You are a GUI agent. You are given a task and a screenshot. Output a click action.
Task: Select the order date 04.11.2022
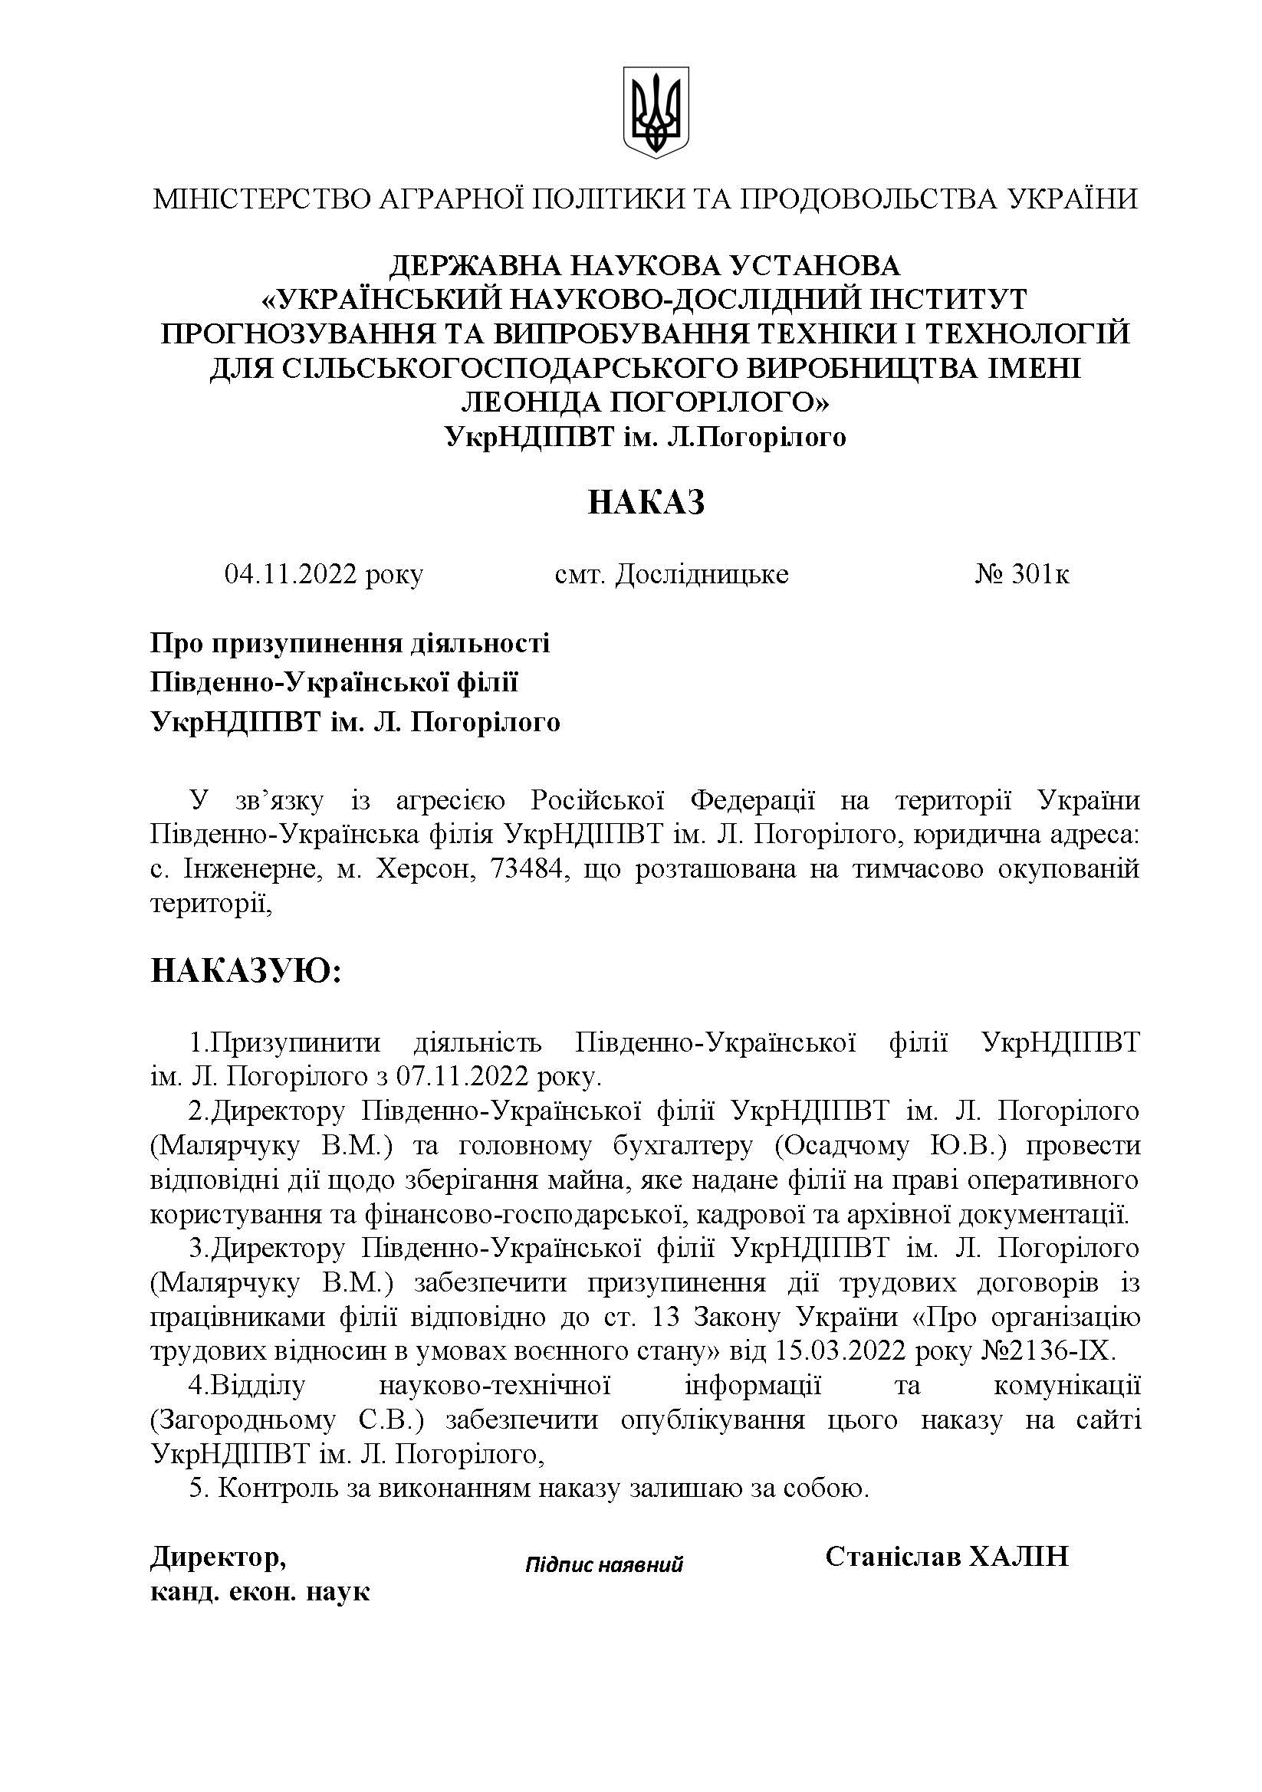pyautogui.click(x=291, y=575)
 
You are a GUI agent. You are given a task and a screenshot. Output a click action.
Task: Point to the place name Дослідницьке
pyautogui.click(x=702, y=575)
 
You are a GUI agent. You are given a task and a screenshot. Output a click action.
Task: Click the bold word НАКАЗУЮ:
pyautogui.click(x=246, y=972)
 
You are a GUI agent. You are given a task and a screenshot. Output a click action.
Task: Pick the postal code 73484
pyautogui.click(x=527, y=869)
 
